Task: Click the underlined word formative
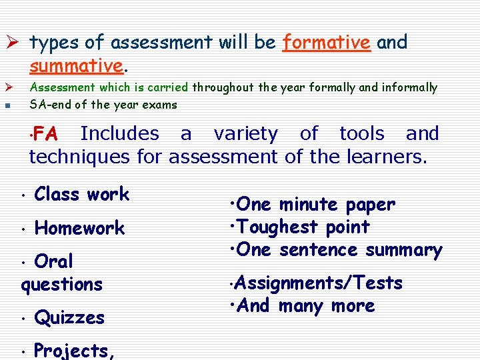tap(326, 43)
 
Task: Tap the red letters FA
tap(45, 133)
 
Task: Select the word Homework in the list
tap(79, 228)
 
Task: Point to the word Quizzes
tap(69, 317)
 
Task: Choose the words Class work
tap(81, 195)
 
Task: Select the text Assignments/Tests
tap(319, 283)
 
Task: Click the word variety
tap(245, 133)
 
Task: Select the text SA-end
tap(49, 105)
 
